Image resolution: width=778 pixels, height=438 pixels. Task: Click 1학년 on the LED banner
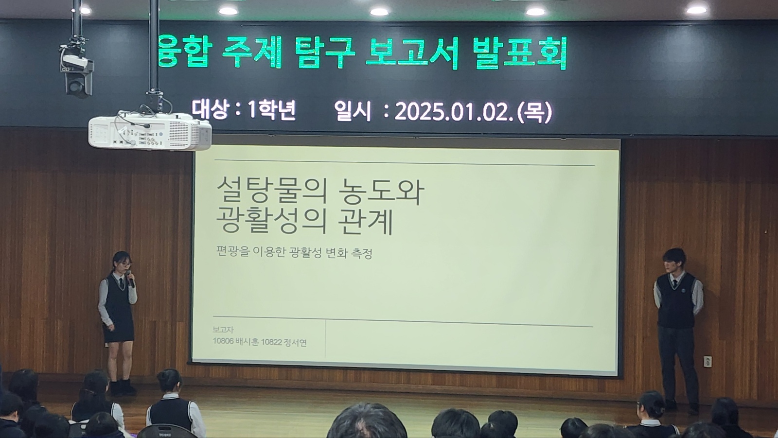pos(271,110)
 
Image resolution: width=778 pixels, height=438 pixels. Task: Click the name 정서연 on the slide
pos(295,343)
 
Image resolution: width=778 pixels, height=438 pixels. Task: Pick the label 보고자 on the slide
pos(223,330)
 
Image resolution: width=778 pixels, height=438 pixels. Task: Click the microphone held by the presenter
pos(130,279)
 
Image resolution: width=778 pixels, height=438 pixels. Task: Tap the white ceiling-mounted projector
pos(150,131)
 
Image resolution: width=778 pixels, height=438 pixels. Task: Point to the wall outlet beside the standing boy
pos(708,362)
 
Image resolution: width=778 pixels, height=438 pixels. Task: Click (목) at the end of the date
pos(534,112)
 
